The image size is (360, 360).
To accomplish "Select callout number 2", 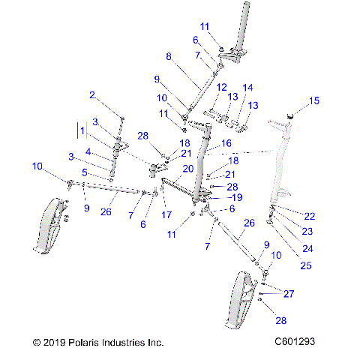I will coord(93,95).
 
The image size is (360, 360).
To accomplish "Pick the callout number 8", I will coord(169,56).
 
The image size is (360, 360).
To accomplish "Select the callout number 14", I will coord(248,88).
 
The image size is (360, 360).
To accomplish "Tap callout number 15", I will coord(314,100).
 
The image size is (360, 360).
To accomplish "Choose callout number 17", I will coord(166,214).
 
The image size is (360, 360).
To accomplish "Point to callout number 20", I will coord(188,169).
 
